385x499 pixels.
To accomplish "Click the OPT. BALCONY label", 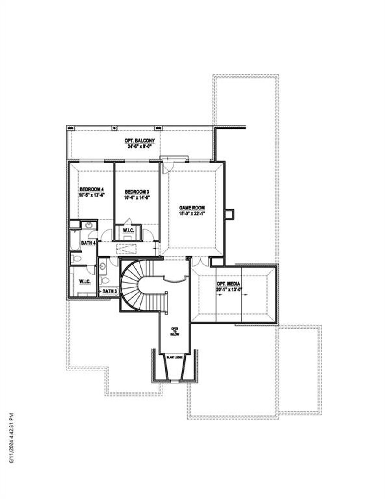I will (140, 141).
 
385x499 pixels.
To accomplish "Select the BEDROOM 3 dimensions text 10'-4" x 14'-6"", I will (137, 197).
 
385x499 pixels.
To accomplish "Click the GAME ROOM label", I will (192, 208).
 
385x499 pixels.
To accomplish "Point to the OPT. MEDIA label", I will (228, 284).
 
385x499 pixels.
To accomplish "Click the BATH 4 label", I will (88, 243).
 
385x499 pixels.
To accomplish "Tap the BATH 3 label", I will (109, 291).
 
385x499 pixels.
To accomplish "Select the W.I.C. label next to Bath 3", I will (85, 281).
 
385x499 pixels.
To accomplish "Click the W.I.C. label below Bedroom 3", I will (128, 231).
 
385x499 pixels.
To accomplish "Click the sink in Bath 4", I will (89, 225).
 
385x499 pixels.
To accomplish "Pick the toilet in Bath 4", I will (75, 258).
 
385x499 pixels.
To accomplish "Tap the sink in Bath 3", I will (102, 266).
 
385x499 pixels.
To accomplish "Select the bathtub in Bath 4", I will (74, 240).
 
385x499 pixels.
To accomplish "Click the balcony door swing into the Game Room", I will (166, 168).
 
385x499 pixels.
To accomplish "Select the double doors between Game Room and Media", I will (200, 262).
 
